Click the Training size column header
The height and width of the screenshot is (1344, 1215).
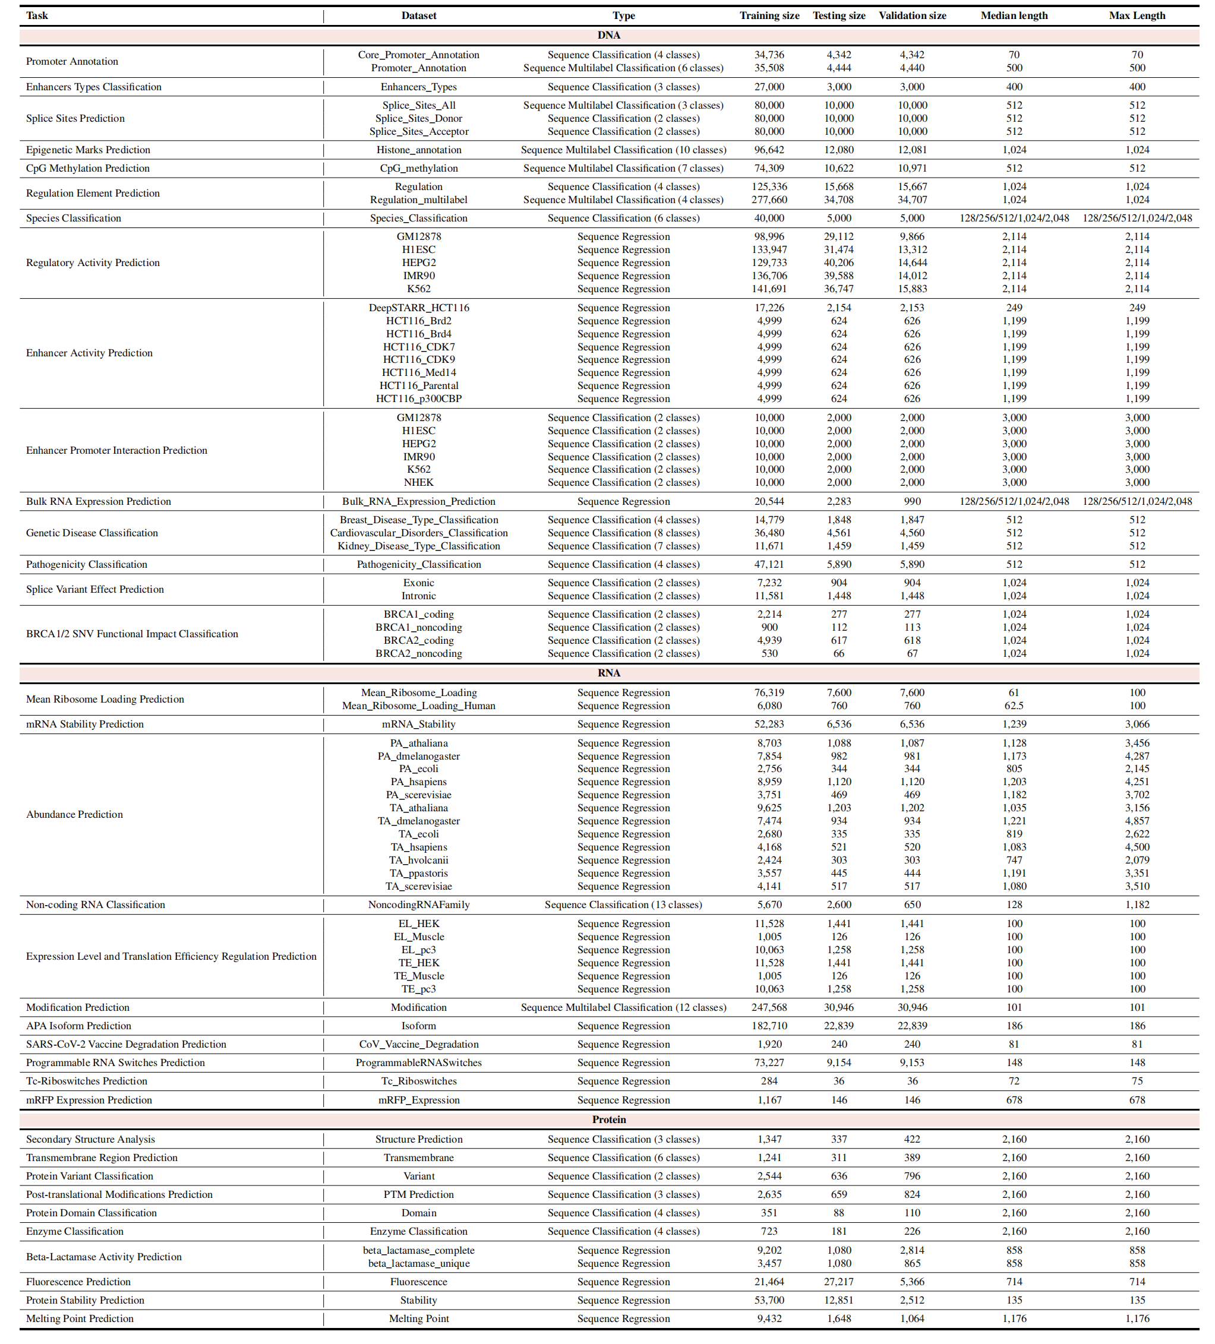point(769,15)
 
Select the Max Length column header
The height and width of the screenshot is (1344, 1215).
point(1137,15)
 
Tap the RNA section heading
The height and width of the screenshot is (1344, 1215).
point(608,673)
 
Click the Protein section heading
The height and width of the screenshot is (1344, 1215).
point(608,1120)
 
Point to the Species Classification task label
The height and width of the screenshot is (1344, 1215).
point(73,218)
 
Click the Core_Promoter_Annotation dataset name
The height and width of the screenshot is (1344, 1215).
point(418,55)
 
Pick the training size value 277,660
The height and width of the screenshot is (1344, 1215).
point(769,200)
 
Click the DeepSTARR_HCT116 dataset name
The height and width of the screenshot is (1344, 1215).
point(418,307)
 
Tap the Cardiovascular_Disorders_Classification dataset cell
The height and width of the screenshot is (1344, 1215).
point(418,533)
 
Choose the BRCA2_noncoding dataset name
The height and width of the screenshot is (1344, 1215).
point(418,653)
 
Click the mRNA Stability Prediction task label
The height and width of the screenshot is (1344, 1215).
point(85,724)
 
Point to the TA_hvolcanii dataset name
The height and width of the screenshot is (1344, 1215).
point(418,860)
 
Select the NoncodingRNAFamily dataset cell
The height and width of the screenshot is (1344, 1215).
point(418,905)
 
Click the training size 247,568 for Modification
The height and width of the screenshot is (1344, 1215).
point(769,1007)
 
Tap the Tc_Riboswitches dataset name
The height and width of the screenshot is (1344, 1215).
point(418,1081)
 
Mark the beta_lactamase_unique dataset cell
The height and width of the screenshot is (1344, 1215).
point(418,1263)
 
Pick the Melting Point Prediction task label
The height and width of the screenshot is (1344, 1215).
point(80,1318)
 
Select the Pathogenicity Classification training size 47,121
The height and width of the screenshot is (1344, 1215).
point(769,564)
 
